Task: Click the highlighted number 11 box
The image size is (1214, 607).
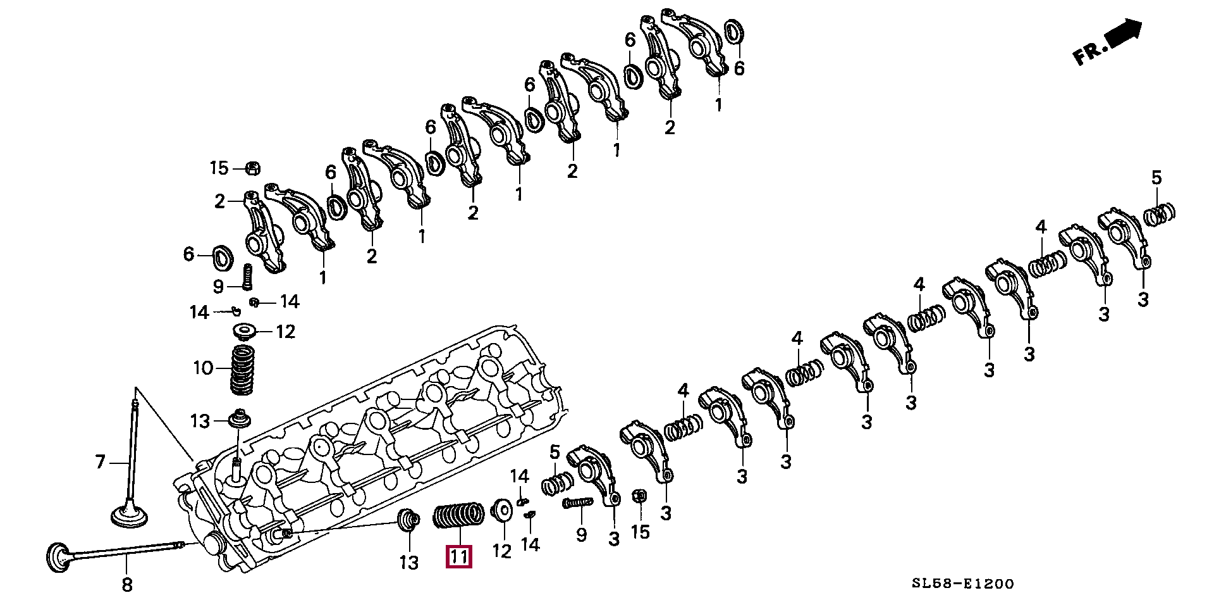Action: [x=458, y=556]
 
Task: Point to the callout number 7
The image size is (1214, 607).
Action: [x=100, y=462]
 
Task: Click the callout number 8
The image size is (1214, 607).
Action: [x=127, y=585]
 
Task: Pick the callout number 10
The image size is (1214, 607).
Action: [x=203, y=368]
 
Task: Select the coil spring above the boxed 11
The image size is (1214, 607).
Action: [x=458, y=516]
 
